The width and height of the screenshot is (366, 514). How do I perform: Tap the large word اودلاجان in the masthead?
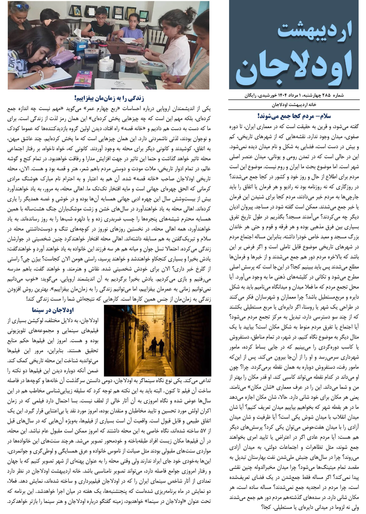[x=294, y=66]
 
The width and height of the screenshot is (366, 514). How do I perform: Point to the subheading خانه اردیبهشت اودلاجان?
[x=294, y=105]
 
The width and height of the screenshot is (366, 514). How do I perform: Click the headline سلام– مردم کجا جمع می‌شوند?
[x=294, y=116]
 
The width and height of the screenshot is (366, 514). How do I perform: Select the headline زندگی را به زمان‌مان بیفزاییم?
[x=109, y=98]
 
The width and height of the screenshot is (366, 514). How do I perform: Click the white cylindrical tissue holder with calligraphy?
[x=106, y=67]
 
